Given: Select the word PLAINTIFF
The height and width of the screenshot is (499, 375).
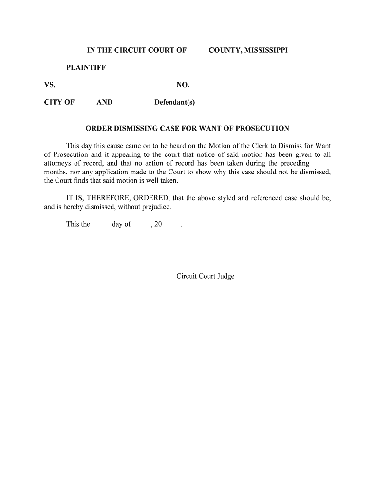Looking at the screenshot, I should (x=86, y=67).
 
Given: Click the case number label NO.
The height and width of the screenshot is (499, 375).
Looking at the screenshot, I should (x=183, y=85).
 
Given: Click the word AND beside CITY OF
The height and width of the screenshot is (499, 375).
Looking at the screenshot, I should (x=104, y=102).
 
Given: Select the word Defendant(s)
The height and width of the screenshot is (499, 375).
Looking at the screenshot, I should (x=174, y=102).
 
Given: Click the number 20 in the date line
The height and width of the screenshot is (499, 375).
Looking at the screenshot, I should (x=157, y=225).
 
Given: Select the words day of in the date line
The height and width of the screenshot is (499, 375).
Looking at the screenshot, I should (x=121, y=225).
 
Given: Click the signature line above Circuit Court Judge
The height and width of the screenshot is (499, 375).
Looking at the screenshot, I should (x=249, y=270).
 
